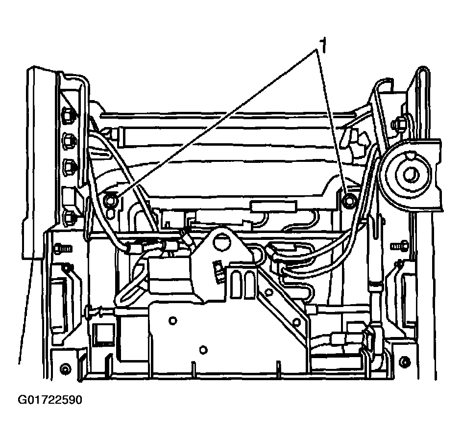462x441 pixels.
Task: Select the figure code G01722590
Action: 50,400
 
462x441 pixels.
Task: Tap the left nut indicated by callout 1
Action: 111,199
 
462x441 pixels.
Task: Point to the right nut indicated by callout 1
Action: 349,200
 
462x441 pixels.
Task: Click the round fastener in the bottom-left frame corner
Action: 64,368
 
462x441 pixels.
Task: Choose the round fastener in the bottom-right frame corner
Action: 404,363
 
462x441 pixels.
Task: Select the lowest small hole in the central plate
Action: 204,349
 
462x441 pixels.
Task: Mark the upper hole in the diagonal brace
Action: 269,293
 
